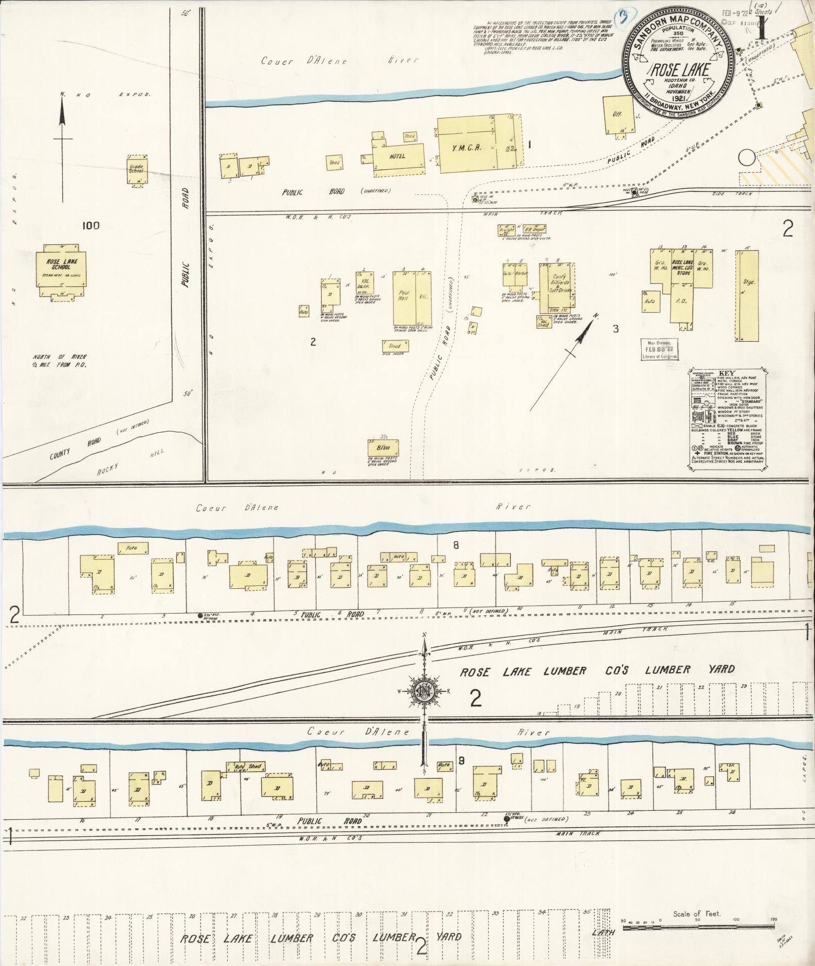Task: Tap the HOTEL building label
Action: point(397,157)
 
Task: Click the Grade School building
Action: point(136,170)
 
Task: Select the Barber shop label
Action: point(521,274)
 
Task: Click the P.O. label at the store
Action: point(681,300)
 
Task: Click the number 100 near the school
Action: point(90,225)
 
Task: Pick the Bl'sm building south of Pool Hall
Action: point(383,449)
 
